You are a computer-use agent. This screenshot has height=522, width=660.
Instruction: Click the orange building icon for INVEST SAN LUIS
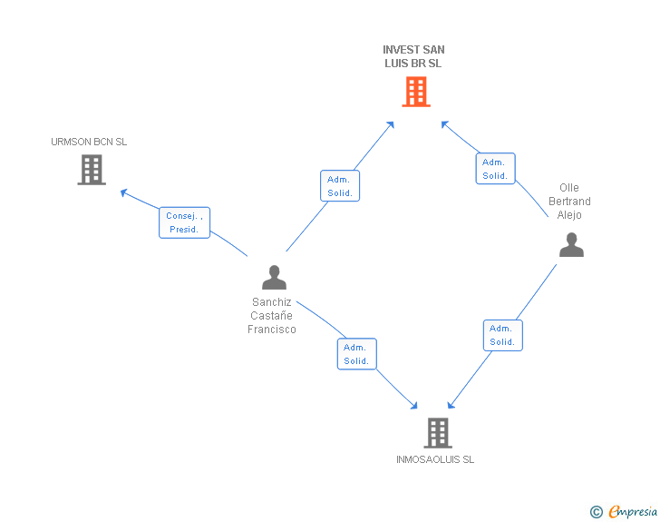click(416, 92)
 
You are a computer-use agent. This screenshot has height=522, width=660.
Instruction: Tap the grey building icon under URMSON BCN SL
click(92, 170)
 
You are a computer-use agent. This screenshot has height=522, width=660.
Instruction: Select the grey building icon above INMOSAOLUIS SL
click(438, 433)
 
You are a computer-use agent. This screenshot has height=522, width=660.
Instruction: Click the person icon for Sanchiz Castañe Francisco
click(274, 277)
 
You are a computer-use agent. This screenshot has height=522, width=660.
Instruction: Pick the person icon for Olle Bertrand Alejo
click(571, 244)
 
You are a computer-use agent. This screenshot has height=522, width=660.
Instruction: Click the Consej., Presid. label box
click(184, 222)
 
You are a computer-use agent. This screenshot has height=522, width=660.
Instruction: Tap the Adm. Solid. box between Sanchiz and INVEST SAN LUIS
click(340, 186)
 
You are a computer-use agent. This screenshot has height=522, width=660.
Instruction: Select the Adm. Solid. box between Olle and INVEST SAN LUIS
click(495, 169)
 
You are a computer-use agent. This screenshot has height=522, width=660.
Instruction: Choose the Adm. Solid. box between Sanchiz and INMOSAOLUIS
click(357, 354)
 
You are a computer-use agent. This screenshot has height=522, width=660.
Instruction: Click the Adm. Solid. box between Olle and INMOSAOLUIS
click(502, 335)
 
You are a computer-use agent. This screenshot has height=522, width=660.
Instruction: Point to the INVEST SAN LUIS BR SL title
click(413, 56)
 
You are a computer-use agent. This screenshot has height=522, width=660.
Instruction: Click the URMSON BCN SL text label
click(89, 142)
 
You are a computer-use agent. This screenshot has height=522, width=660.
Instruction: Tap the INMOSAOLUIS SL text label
click(435, 459)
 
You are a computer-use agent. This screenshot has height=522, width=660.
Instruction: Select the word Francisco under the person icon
click(272, 330)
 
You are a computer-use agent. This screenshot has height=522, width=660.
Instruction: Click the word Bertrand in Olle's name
click(569, 202)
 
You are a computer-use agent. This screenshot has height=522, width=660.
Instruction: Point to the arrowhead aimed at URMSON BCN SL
click(123, 192)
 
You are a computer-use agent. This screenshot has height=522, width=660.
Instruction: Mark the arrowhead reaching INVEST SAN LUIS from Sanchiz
click(390, 124)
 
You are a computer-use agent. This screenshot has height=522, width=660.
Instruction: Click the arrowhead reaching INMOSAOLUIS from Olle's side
click(451, 405)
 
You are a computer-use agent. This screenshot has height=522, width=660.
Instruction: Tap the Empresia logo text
click(633, 511)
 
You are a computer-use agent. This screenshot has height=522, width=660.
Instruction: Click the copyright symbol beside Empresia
click(596, 512)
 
